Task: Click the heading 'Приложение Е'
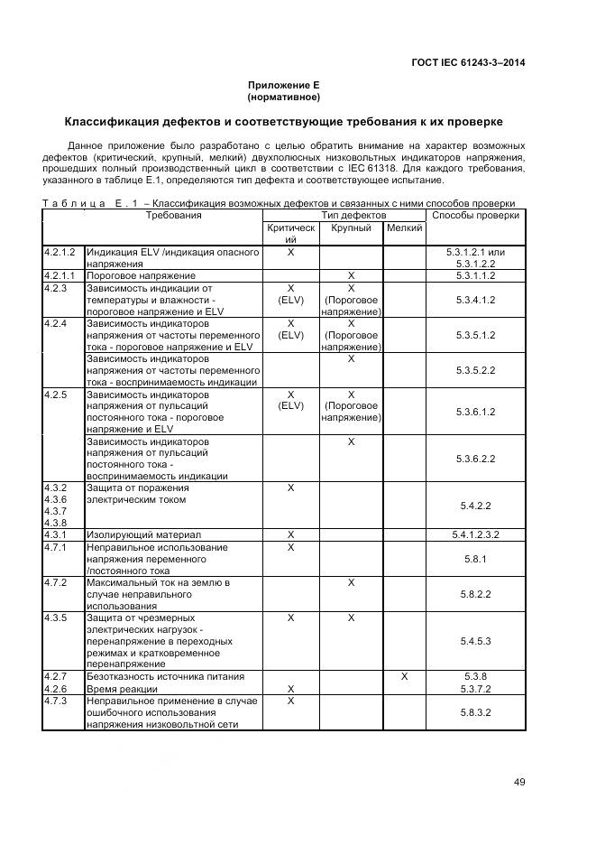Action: [x=283, y=85]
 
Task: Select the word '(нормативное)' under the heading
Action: [x=283, y=97]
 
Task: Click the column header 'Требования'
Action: [x=173, y=216]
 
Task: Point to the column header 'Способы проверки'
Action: [x=475, y=216]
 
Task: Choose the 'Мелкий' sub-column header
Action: [x=404, y=228]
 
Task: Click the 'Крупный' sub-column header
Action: [x=351, y=228]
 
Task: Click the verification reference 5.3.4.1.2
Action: [x=475, y=300]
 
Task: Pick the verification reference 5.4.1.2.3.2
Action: [x=475, y=534]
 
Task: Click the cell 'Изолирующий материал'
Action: [x=143, y=534]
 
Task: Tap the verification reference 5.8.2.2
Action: [x=475, y=595]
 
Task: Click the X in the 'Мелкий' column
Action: [x=404, y=676]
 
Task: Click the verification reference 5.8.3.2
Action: [x=475, y=712]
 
